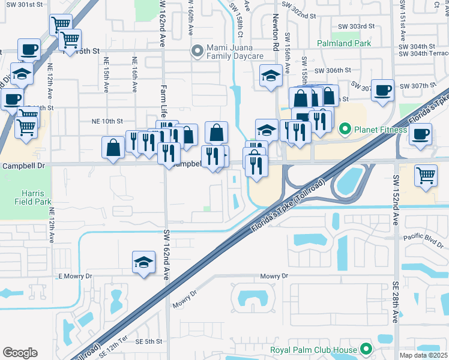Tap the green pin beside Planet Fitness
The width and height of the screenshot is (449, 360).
(345, 129)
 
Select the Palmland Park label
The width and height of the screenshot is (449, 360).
(345, 43)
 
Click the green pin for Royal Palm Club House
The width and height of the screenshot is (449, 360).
(366, 349)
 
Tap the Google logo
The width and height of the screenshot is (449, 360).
(20, 353)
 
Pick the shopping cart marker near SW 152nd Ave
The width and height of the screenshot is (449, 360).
(426, 176)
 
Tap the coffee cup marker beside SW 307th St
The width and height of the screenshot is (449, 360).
(382, 90)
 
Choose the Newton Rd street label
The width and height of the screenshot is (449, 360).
(276, 32)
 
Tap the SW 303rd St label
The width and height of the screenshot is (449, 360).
(356, 26)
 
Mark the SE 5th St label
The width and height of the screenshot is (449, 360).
(149, 341)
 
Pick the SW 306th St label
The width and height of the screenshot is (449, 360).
(335, 70)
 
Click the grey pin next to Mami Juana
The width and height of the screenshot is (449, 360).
(196, 51)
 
